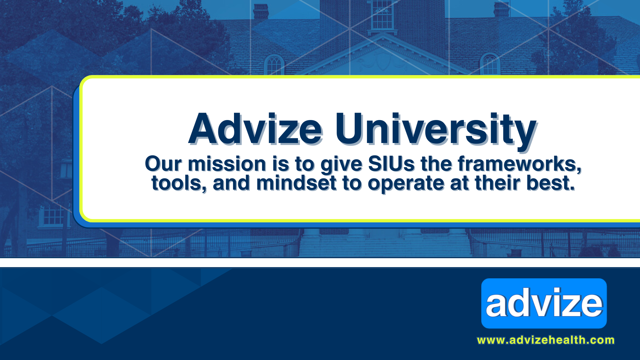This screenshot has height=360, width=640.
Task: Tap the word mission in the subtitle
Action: (227, 164)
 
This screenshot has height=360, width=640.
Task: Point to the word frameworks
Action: (520, 164)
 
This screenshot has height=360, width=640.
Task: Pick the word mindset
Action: (296, 183)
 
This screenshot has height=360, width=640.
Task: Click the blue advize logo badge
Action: (544, 303)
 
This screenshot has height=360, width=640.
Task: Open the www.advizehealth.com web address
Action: (546, 340)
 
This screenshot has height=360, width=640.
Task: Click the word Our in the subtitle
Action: (163, 164)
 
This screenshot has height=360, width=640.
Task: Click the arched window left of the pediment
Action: (274, 65)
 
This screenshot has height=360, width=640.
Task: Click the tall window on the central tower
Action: (382, 15)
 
